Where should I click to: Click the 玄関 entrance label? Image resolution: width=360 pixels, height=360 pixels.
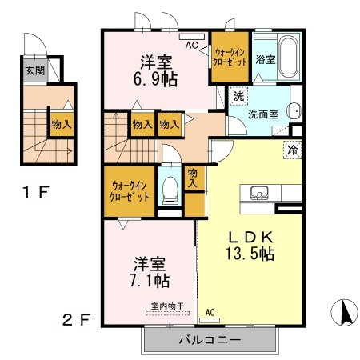35,71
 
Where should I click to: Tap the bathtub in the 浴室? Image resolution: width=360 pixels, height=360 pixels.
288,57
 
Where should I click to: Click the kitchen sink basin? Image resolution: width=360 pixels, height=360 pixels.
259,193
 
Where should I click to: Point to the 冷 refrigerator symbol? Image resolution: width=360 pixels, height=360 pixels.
292,150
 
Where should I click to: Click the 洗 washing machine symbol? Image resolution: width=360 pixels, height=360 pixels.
238,96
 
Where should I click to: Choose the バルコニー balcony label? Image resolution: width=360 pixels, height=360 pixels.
210,340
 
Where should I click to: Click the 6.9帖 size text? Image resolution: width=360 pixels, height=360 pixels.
155,79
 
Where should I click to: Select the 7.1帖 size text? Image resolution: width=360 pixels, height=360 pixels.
150,280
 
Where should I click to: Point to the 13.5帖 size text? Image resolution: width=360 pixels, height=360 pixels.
250,254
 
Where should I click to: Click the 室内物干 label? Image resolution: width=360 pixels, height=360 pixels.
167,306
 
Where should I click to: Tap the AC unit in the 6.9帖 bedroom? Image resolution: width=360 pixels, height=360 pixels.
192,37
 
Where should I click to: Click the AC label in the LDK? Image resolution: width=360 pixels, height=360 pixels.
210,312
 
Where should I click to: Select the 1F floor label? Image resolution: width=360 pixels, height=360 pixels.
36,192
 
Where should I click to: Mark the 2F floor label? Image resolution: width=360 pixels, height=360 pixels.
77,319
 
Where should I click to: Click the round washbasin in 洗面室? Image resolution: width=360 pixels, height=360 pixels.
294,110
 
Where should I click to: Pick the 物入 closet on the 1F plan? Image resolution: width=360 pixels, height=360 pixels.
62,124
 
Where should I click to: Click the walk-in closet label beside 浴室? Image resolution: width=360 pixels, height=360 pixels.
230,57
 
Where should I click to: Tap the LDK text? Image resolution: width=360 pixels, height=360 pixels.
250,237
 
